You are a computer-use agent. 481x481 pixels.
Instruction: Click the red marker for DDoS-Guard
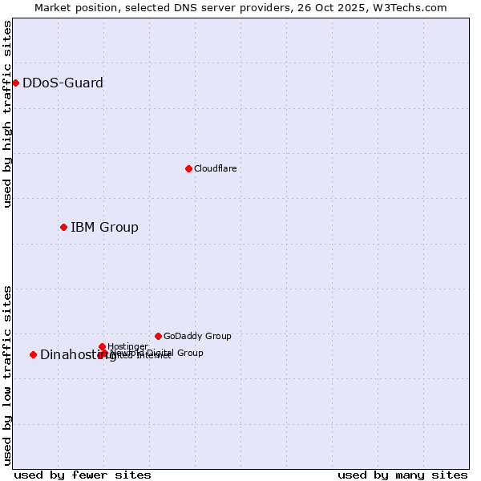point(15,83)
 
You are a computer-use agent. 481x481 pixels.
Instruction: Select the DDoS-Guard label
point(63,83)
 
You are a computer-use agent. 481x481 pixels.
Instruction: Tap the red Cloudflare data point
point(188,168)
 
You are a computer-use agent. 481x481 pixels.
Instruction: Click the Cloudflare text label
point(215,168)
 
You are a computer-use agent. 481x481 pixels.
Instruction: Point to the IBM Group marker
point(63,227)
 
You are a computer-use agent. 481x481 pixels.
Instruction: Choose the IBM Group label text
point(104,227)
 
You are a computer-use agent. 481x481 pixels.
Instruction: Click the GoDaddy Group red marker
point(158,336)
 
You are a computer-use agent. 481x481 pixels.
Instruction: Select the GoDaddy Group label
point(197,336)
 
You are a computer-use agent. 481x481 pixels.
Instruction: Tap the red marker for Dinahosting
point(33,354)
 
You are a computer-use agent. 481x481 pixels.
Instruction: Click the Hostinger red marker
point(102,346)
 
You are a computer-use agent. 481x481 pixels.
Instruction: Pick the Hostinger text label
point(127,346)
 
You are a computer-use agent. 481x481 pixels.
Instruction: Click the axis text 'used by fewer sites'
point(83,475)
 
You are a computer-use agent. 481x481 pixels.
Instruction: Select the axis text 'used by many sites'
point(402,475)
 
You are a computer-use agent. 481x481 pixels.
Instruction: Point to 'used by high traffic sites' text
point(7,114)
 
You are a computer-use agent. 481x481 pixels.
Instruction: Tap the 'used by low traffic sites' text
point(7,374)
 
